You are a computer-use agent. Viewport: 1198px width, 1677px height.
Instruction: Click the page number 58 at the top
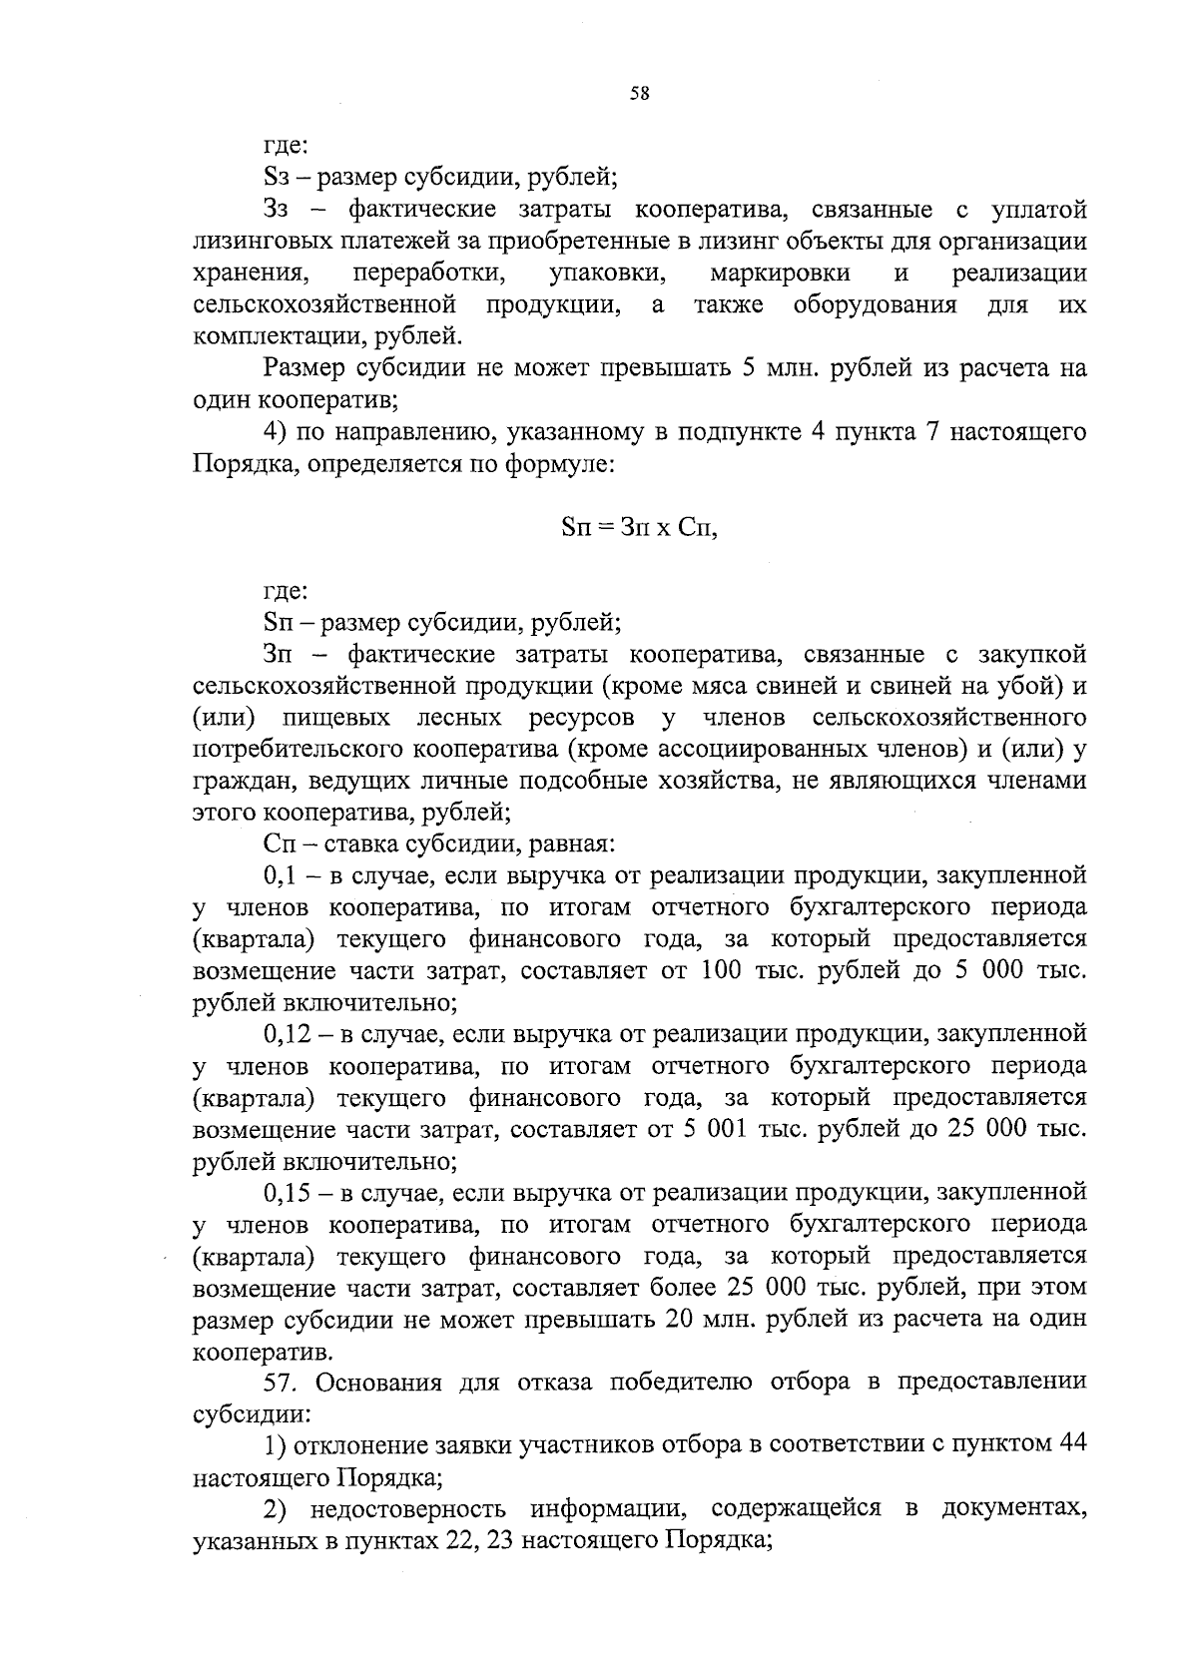[639, 94]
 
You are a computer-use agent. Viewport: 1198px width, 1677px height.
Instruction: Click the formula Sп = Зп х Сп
[639, 528]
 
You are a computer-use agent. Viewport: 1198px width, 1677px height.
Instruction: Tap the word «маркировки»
[780, 274]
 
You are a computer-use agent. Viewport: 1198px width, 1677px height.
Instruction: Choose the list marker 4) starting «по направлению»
[276, 433]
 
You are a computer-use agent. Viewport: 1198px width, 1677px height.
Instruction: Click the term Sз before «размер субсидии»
[276, 179]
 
